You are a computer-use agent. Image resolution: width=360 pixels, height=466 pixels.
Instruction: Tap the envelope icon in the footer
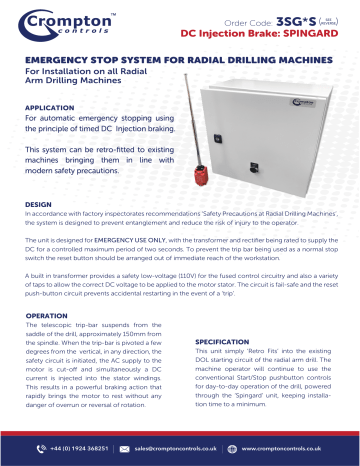tap(126, 450)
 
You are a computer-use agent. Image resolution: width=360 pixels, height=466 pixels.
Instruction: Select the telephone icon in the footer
tap(34, 450)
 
